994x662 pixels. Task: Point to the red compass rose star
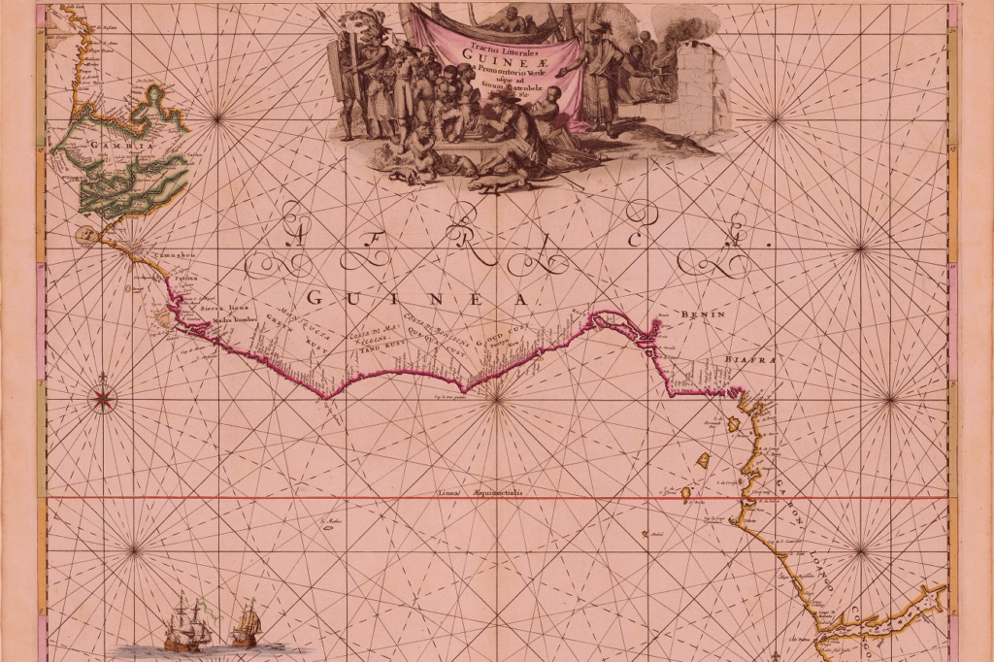coord(102,398)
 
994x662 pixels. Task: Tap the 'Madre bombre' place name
coord(231,318)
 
